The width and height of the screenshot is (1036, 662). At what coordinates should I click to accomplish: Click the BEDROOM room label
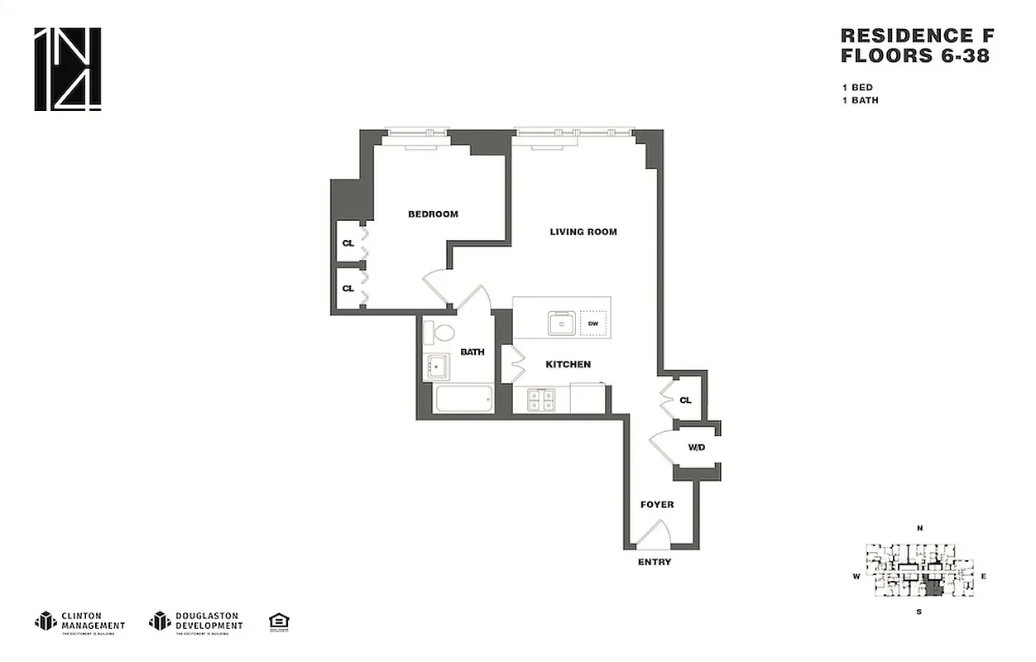433,214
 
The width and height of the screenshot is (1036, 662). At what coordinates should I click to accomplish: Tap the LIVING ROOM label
583,232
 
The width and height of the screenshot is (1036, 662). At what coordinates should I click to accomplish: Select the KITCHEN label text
568,364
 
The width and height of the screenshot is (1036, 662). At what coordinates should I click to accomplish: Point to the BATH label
472,352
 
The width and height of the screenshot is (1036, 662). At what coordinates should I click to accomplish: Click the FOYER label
657,504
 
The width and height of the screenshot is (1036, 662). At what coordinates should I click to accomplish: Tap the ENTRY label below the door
655,563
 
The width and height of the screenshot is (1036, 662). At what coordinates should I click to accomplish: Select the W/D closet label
696,448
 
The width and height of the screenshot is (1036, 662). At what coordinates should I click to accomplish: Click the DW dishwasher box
593,323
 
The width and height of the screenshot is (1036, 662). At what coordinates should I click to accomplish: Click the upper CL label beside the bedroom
348,243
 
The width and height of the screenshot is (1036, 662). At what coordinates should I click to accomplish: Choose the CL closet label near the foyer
685,401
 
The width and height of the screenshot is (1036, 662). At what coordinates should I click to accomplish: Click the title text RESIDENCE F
917,36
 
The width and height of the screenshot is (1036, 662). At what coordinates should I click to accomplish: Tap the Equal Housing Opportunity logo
279,621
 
